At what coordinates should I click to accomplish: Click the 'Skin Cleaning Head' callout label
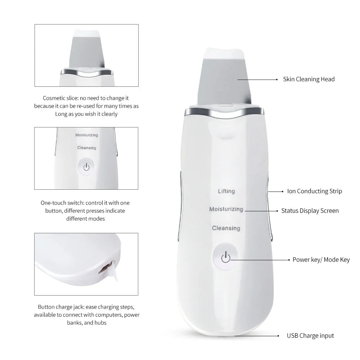pyautogui.click(x=309, y=79)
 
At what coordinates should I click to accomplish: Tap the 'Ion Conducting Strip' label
pyautogui.click(x=314, y=191)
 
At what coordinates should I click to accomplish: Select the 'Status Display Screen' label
pyautogui.click(x=310, y=211)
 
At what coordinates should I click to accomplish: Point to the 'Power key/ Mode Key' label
pyautogui.click(x=321, y=260)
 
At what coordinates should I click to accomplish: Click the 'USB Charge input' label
pyautogui.click(x=310, y=336)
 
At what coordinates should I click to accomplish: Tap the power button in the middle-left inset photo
pyautogui.click(x=86, y=167)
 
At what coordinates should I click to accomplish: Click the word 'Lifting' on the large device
pyautogui.click(x=226, y=191)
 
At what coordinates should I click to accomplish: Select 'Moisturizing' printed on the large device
pyautogui.click(x=226, y=209)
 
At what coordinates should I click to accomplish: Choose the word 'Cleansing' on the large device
pyautogui.click(x=226, y=228)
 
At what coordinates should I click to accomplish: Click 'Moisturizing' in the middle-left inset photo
pyautogui.click(x=86, y=135)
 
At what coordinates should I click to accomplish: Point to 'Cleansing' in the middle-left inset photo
pyautogui.click(x=86, y=148)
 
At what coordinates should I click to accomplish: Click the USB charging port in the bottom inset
pyautogui.click(x=104, y=268)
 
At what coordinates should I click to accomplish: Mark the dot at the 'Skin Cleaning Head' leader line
pyautogui.click(x=276, y=79)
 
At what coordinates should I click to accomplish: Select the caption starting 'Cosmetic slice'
pyautogui.click(x=86, y=106)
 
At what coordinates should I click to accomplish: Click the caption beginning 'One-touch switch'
pyautogui.click(x=85, y=211)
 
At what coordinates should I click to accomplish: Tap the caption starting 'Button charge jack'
pyautogui.click(x=87, y=315)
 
